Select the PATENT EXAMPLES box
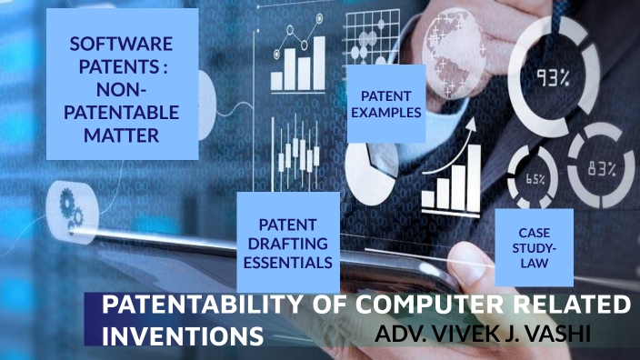click(x=386, y=105)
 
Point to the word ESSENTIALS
click(x=287, y=262)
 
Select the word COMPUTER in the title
click(x=407, y=306)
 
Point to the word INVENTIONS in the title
click(x=181, y=335)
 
